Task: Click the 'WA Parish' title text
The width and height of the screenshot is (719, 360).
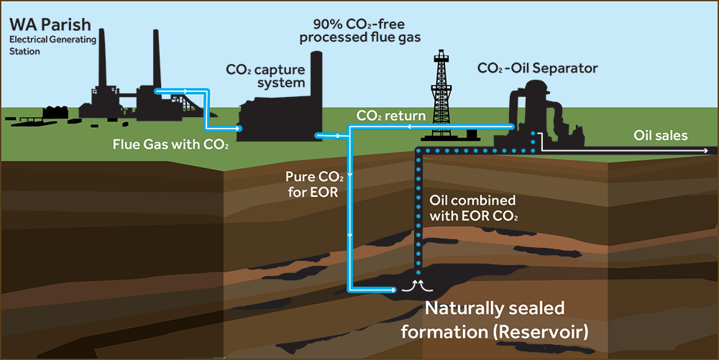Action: click(50, 27)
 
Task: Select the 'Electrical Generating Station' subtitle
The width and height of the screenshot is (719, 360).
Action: click(52, 46)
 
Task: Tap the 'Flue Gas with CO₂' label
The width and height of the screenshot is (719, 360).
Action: click(170, 143)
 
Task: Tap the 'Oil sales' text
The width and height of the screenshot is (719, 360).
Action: click(660, 135)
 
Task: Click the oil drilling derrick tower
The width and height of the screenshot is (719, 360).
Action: click(441, 90)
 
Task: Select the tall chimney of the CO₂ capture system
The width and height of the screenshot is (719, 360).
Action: click(316, 79)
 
